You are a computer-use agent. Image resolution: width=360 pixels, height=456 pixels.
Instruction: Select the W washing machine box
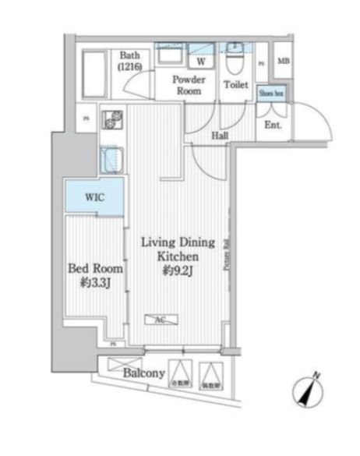coord(200,61)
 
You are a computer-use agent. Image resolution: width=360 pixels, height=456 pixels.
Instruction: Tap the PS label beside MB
coord(261,62)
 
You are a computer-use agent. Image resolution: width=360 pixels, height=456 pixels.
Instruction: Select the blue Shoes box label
coord(272,92)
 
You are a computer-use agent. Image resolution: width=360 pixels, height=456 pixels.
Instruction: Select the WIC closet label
coord(94,197)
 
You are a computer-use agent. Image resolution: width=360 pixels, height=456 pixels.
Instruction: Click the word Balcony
coord(143,373)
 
